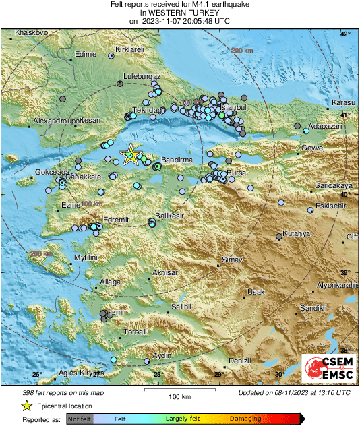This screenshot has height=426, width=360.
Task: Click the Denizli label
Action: click(241, 361)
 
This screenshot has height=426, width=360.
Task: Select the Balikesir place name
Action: click(169, 215)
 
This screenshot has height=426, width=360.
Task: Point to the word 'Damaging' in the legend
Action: click(245, 419)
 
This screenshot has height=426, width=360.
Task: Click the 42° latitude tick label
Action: click(345, 34)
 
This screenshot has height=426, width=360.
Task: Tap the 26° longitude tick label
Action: click(37, 375)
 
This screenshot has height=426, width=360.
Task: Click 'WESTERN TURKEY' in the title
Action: click(179, 13)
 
